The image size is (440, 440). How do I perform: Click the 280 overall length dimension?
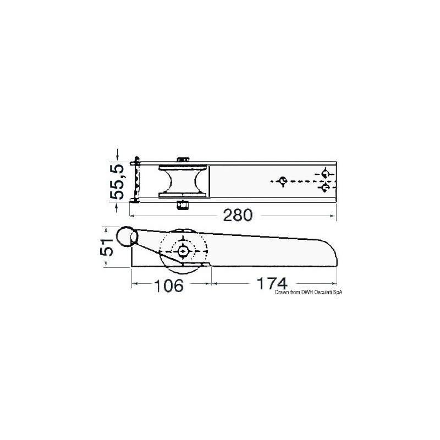coord(237,215)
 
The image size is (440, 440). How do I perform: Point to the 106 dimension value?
coord(168,285)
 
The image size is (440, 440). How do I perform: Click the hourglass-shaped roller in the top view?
coord(183,182)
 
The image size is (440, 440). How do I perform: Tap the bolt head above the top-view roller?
coord(183,160)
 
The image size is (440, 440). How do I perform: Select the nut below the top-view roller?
coord(182,205)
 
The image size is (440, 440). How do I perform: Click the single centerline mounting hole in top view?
coord(283,180)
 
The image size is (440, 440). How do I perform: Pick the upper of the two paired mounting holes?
coord(326,173)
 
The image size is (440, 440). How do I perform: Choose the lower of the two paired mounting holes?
coord(326,189)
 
